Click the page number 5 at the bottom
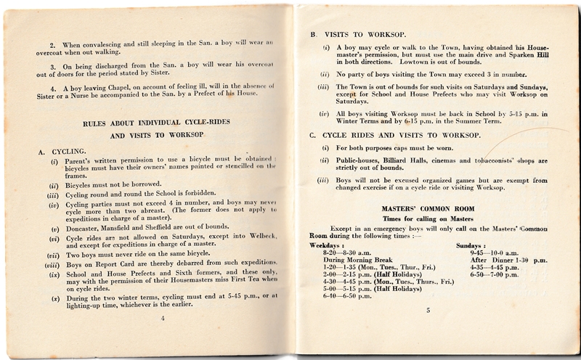pos(428,331)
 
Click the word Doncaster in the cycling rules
pos(90,225)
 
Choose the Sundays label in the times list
pos(470,246)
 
